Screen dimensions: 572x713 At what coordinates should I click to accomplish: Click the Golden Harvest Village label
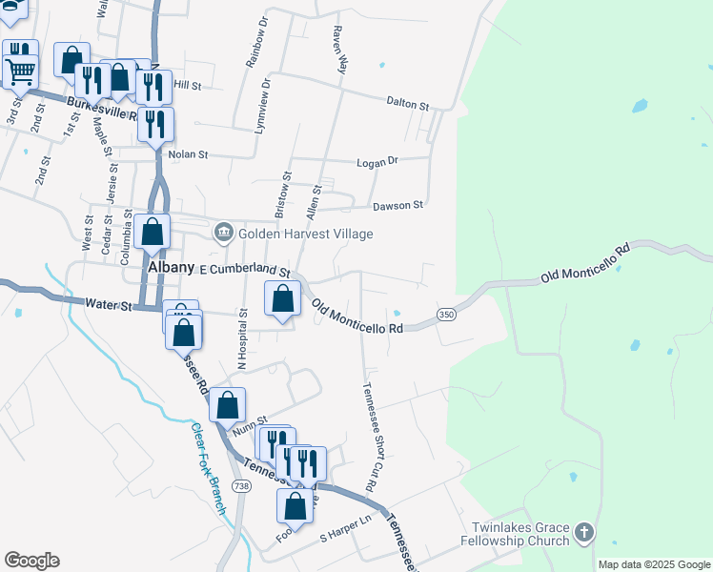pyautogui.click(x=305, y=234)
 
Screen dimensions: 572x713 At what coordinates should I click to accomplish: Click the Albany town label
pyautogui.click(x=172, y=269)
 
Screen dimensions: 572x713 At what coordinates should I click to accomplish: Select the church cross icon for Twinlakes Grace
pyautogui.click(x=584, y=533)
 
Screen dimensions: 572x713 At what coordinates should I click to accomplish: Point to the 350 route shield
pyautogui.click(x=446, y=315)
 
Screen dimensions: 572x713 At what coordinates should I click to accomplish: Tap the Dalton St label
pyautogui.click(x=408, y=102)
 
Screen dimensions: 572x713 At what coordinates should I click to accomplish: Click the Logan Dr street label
pyautogui.click(x=377, y=163)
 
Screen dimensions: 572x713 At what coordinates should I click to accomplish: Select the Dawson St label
pyautogui.click(x=397, y=205)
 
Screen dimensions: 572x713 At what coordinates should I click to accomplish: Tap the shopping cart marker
pyautogui.click(x=20, y=68)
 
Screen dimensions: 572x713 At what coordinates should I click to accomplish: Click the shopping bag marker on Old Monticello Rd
pyautogui.click(x=282, y=299)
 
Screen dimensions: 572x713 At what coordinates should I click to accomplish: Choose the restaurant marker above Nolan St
pyautogui.click(x=155, y=123)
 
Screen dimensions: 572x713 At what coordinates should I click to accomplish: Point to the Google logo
pyautogui.click(x=31, y=561)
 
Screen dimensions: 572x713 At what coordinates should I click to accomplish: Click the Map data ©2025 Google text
pyautogui.click(x=654, y=564)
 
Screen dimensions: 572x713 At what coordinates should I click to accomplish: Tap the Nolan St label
pyautogui.click(x=187, y=153)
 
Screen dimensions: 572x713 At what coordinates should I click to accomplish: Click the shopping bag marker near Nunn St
pyautogui.click(x=228, y=405)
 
